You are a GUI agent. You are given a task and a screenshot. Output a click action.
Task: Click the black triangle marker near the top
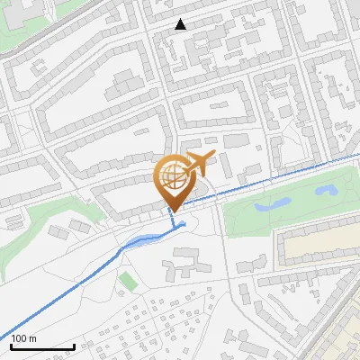pyautogui.click(x=181, y=24)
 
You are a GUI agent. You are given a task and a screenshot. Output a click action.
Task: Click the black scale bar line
pyautogui.click(x=42, y=346)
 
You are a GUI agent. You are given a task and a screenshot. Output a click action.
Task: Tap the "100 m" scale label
pyautogui.click(x=23, y=338)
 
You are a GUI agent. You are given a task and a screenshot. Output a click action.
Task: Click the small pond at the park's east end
pyautogui.click(x=325, y=191)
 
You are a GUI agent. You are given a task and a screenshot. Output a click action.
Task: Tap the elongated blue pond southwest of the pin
pyautogui.click(x=144, y=240)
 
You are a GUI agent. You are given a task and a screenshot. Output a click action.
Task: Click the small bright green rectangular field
pyautogui.click(x=129, y=282)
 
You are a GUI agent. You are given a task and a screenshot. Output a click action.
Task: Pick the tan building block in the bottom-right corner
pyautogui.click(x=346, y=333)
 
